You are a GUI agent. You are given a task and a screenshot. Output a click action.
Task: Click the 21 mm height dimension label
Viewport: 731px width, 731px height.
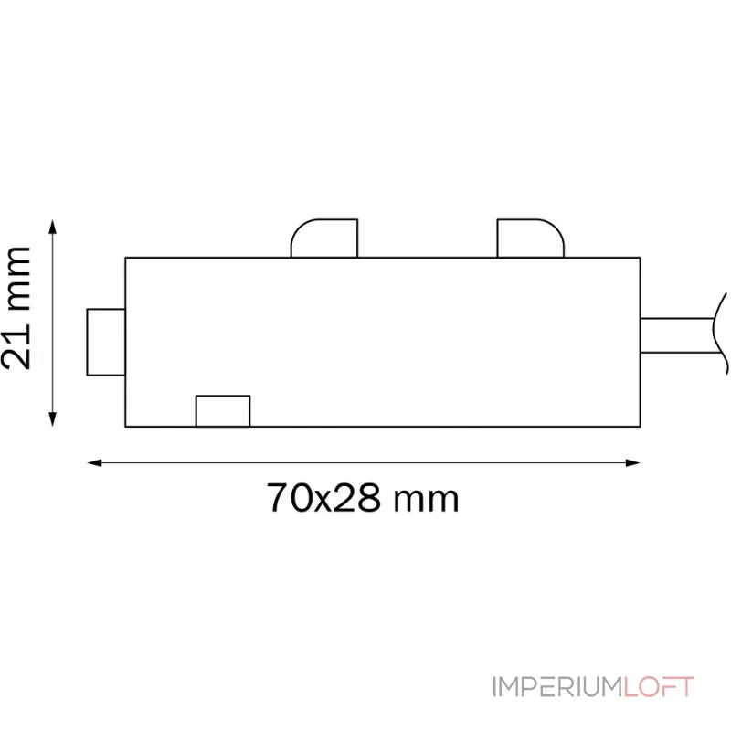pyautogui.click(x=18, y=307)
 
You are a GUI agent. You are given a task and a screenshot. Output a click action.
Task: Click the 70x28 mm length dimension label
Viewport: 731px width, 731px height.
pyautogui.click(x=363, y=499)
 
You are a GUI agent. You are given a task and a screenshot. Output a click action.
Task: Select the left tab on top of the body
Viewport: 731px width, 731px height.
pyautogui.click(x=323, y=238)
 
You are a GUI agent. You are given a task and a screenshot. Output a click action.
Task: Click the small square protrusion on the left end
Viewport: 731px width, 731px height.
pyautogui.click(x=105, y=342)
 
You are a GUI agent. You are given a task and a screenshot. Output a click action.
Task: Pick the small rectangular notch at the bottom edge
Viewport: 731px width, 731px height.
pyautogui.click(x=223, y=411)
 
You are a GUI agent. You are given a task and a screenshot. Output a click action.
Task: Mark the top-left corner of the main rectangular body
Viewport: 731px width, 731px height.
pyautogui.click(x=125, y=258)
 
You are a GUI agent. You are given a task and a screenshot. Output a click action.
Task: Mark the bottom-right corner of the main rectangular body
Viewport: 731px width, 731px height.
pyautogui.click(x=640, y=427)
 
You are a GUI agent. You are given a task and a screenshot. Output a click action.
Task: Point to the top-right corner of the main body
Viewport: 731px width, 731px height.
pyautogui.click(x=640, y=258)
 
